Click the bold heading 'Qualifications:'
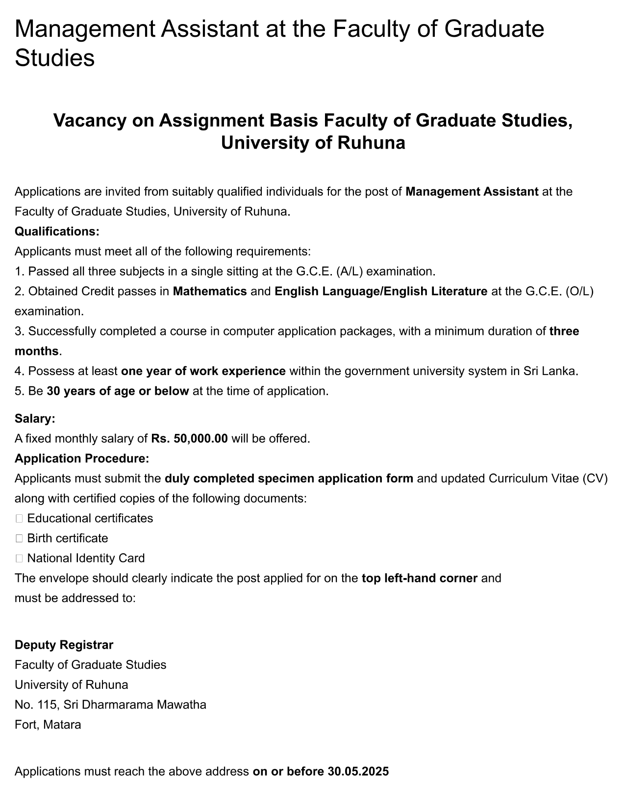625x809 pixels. (x=57, y=231)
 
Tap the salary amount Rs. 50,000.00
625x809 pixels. (x=189, y=438)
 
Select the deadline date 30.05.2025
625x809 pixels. (x=357, y=771)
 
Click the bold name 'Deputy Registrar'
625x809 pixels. (x=64, y=644)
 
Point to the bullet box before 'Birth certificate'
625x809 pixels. (x=19, y=538)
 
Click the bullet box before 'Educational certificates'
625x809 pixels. (x=19, y=518)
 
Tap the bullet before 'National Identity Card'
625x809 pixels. (x=19, y=558)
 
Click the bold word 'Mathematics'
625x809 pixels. (x=210, y=291)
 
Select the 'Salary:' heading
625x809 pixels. (x=35, y=418)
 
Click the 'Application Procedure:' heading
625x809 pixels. (x=81, y=458)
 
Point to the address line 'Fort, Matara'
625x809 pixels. (x=48, y=724)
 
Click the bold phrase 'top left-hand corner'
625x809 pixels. (x=419, y=578)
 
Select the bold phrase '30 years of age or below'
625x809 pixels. (x=118, y=391)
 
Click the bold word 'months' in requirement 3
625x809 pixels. (x=36, y=351)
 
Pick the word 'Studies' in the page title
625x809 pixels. (x=54, y=58)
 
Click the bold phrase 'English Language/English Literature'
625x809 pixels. (x=381, y=291)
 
